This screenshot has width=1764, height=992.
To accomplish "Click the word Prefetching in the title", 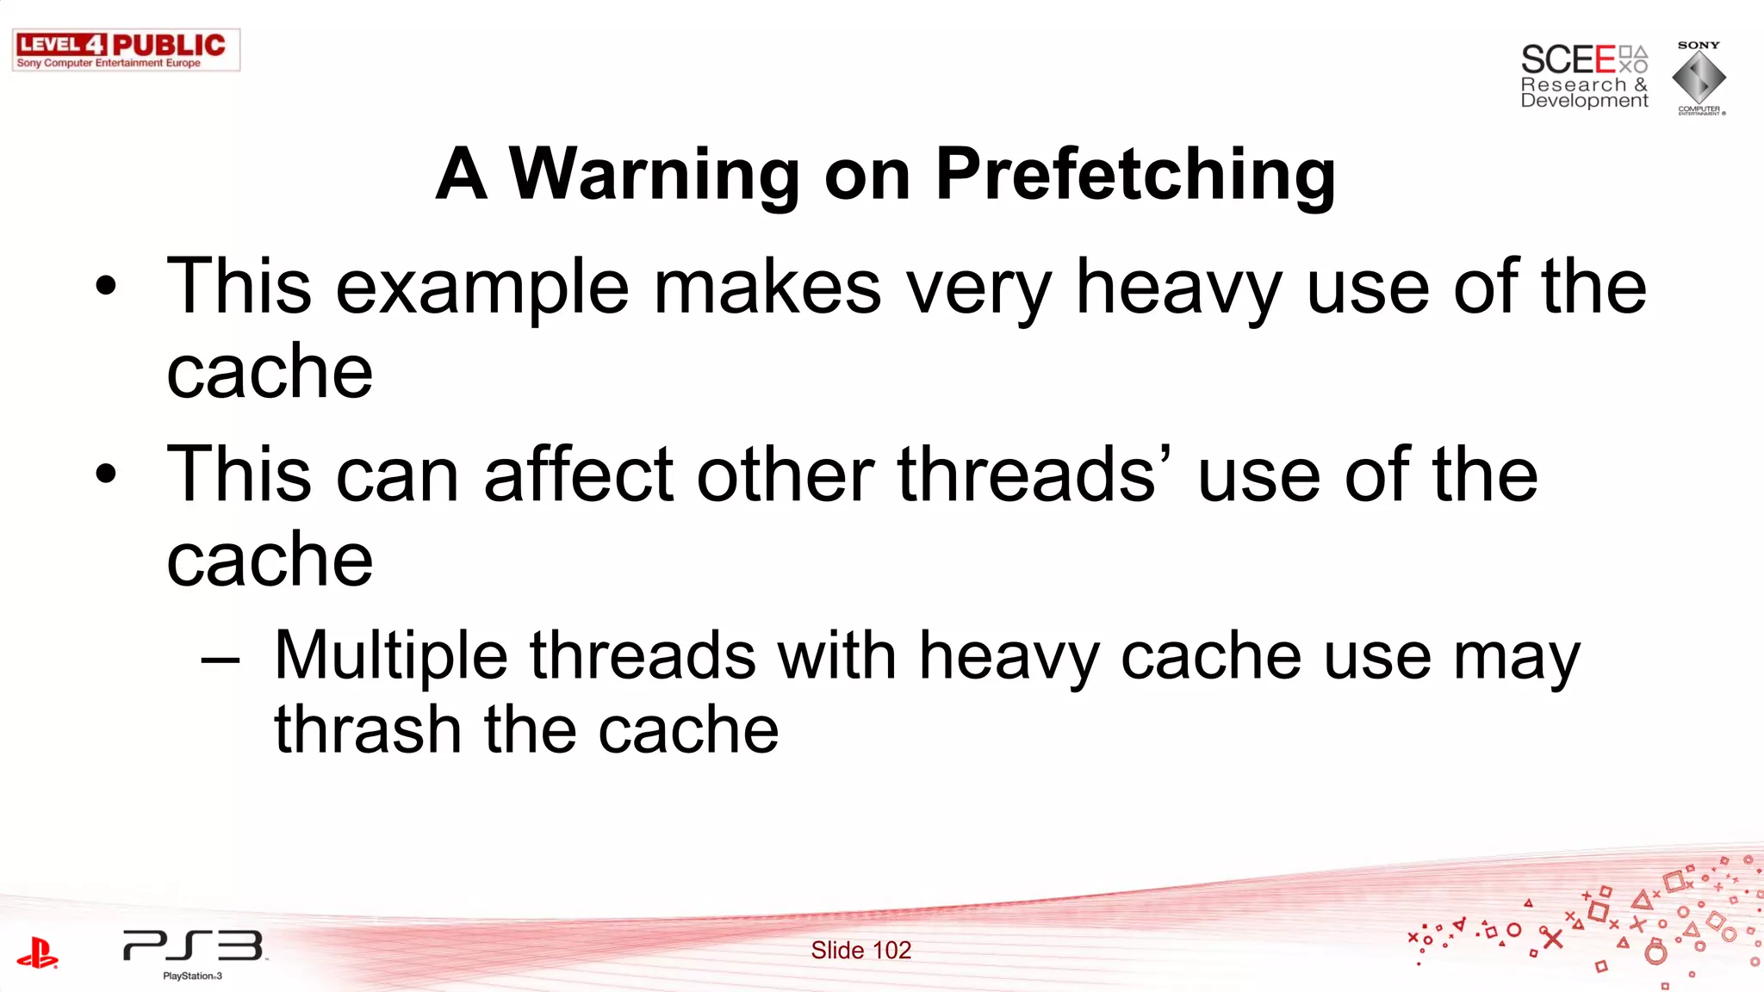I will point(1135,175).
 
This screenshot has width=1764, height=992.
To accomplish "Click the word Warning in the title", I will point(655,175).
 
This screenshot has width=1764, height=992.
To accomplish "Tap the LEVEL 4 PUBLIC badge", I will point(126,50).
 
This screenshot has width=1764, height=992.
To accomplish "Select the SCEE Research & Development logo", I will point(1584,77).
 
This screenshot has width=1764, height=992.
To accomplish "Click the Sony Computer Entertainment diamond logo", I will point(1699,77).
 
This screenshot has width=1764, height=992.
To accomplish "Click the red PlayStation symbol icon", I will point(37,953).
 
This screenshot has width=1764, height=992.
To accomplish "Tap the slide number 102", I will point(861,951).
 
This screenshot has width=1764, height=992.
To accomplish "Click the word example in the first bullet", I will point(482,288).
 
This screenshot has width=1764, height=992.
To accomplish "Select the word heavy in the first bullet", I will point(1179,288).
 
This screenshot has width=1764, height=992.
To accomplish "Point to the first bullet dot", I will point(105,286).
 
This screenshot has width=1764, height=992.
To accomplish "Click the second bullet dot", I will point(105,474).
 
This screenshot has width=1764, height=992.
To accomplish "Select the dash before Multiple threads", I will point(220,660).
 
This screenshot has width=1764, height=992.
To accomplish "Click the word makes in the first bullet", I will point(767,288).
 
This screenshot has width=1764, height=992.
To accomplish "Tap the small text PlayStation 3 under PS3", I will point(193,976).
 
